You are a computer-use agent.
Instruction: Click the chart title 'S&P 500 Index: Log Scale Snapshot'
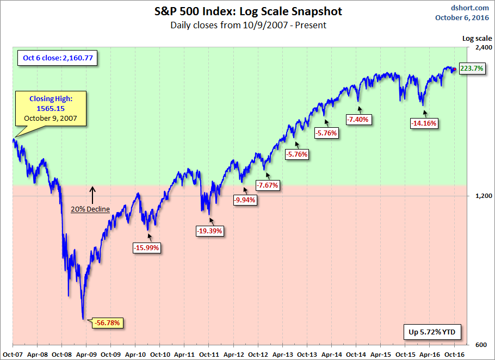pos(247,11)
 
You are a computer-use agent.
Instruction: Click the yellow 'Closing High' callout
pos(51,109)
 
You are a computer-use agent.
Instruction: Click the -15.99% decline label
pos(147,247)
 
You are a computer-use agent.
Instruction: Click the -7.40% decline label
pos(358,119)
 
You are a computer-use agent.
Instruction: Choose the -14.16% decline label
pos(424,123)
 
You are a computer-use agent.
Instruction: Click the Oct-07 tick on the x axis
pos(12,353)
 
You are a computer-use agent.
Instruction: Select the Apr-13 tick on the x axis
pos(282,353)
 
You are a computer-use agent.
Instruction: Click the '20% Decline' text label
pos(90,209)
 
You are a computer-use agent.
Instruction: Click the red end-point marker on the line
pos(455,69)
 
